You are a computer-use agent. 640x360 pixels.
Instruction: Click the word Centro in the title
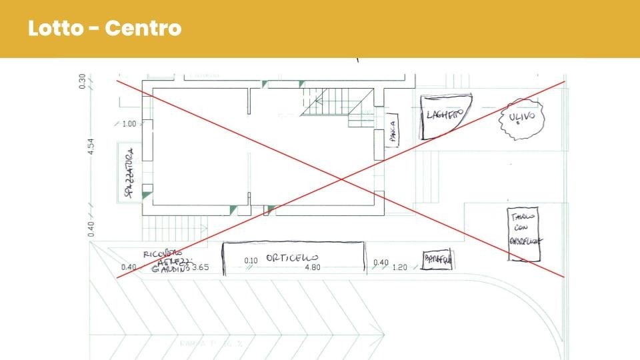(143, 29)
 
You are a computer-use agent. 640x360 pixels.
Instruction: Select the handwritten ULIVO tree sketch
(521, 118)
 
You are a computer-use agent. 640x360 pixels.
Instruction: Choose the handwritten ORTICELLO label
(291, 257)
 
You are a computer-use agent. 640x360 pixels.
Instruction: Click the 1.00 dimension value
(129, 124)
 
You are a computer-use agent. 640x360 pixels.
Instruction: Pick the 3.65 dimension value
(200, 268)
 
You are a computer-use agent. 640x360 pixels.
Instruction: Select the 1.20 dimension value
(399, 268)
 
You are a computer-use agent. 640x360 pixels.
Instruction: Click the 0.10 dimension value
(251, 261)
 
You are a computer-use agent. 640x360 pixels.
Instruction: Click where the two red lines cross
(341, 179)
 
